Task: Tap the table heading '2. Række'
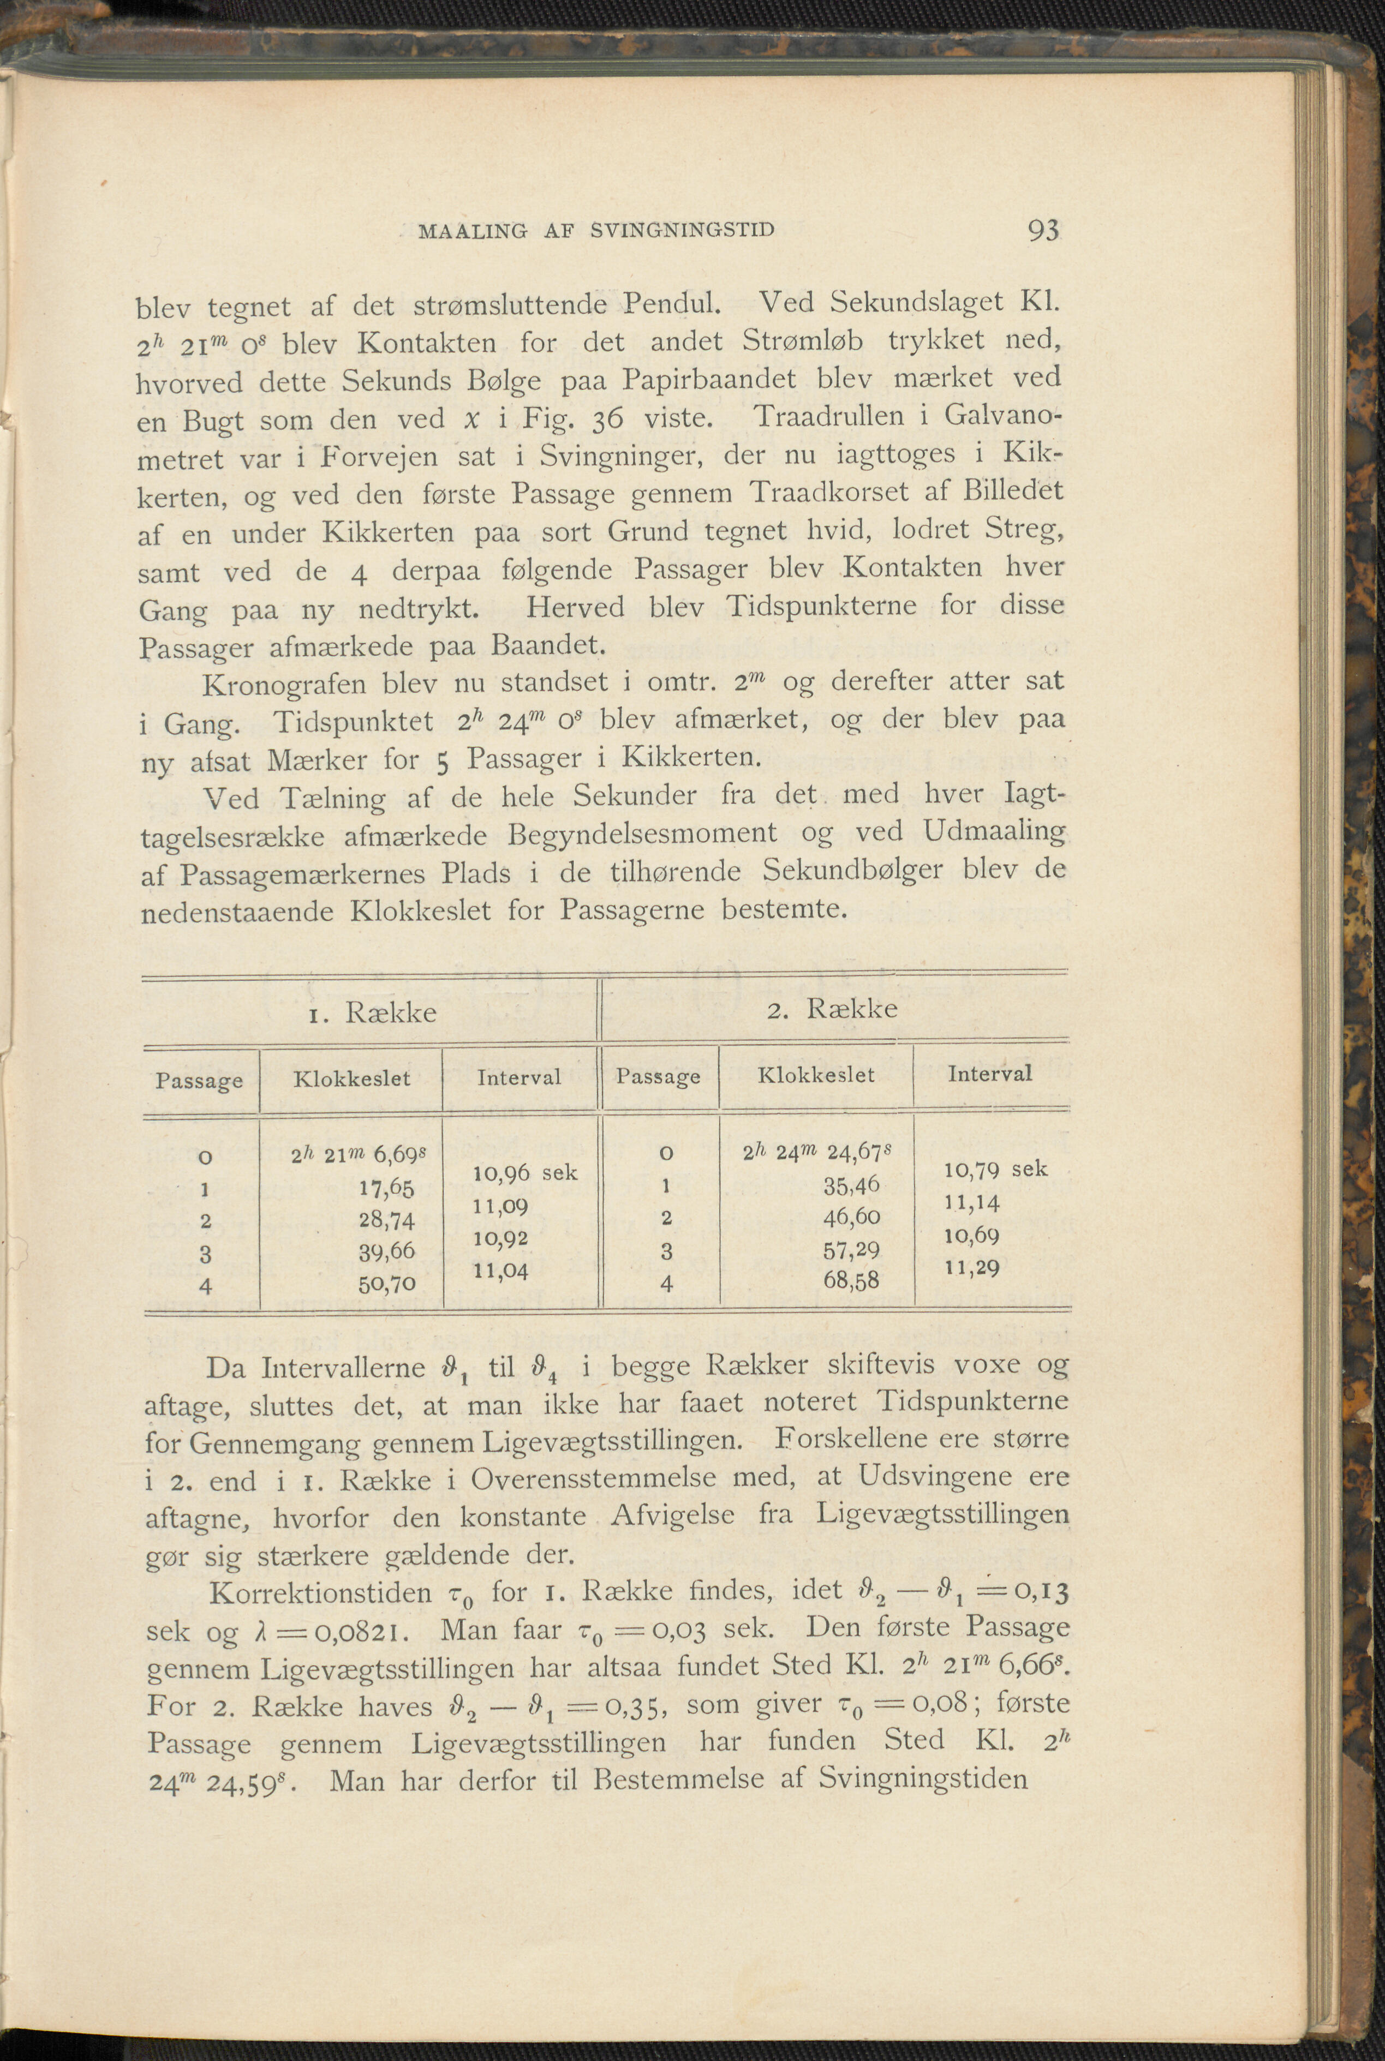tap(832, 1009)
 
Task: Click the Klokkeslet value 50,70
tap(386, 1283)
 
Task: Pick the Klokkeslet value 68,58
tap(851, 1279)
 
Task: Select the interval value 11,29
tap(971, 1268)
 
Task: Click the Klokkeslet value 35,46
tap(851, 1184)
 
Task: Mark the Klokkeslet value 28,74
tap(386, 1219)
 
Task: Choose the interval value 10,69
tap(971, 1236)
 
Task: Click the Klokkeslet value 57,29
tap(851, 1249)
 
